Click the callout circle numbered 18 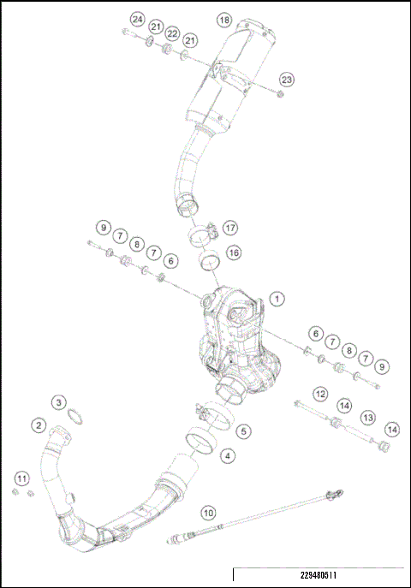pos(224,19)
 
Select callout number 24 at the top pos(137,19)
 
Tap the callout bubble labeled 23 pos(286,80)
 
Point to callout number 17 pos(229,228)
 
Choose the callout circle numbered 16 pos(233,252)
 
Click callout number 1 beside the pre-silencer pos(276,298)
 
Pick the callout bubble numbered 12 pos(319,394)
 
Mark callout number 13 pos(367,417)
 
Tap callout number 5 pos(244,431)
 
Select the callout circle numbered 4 pos(227,456)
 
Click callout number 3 pos(58,402)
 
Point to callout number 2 pos(39,424)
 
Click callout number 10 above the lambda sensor pos(207,514)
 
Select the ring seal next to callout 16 pos(210,258)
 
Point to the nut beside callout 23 pos(282,94)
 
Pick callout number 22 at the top pos(172,33)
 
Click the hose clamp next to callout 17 pos(202,233)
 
